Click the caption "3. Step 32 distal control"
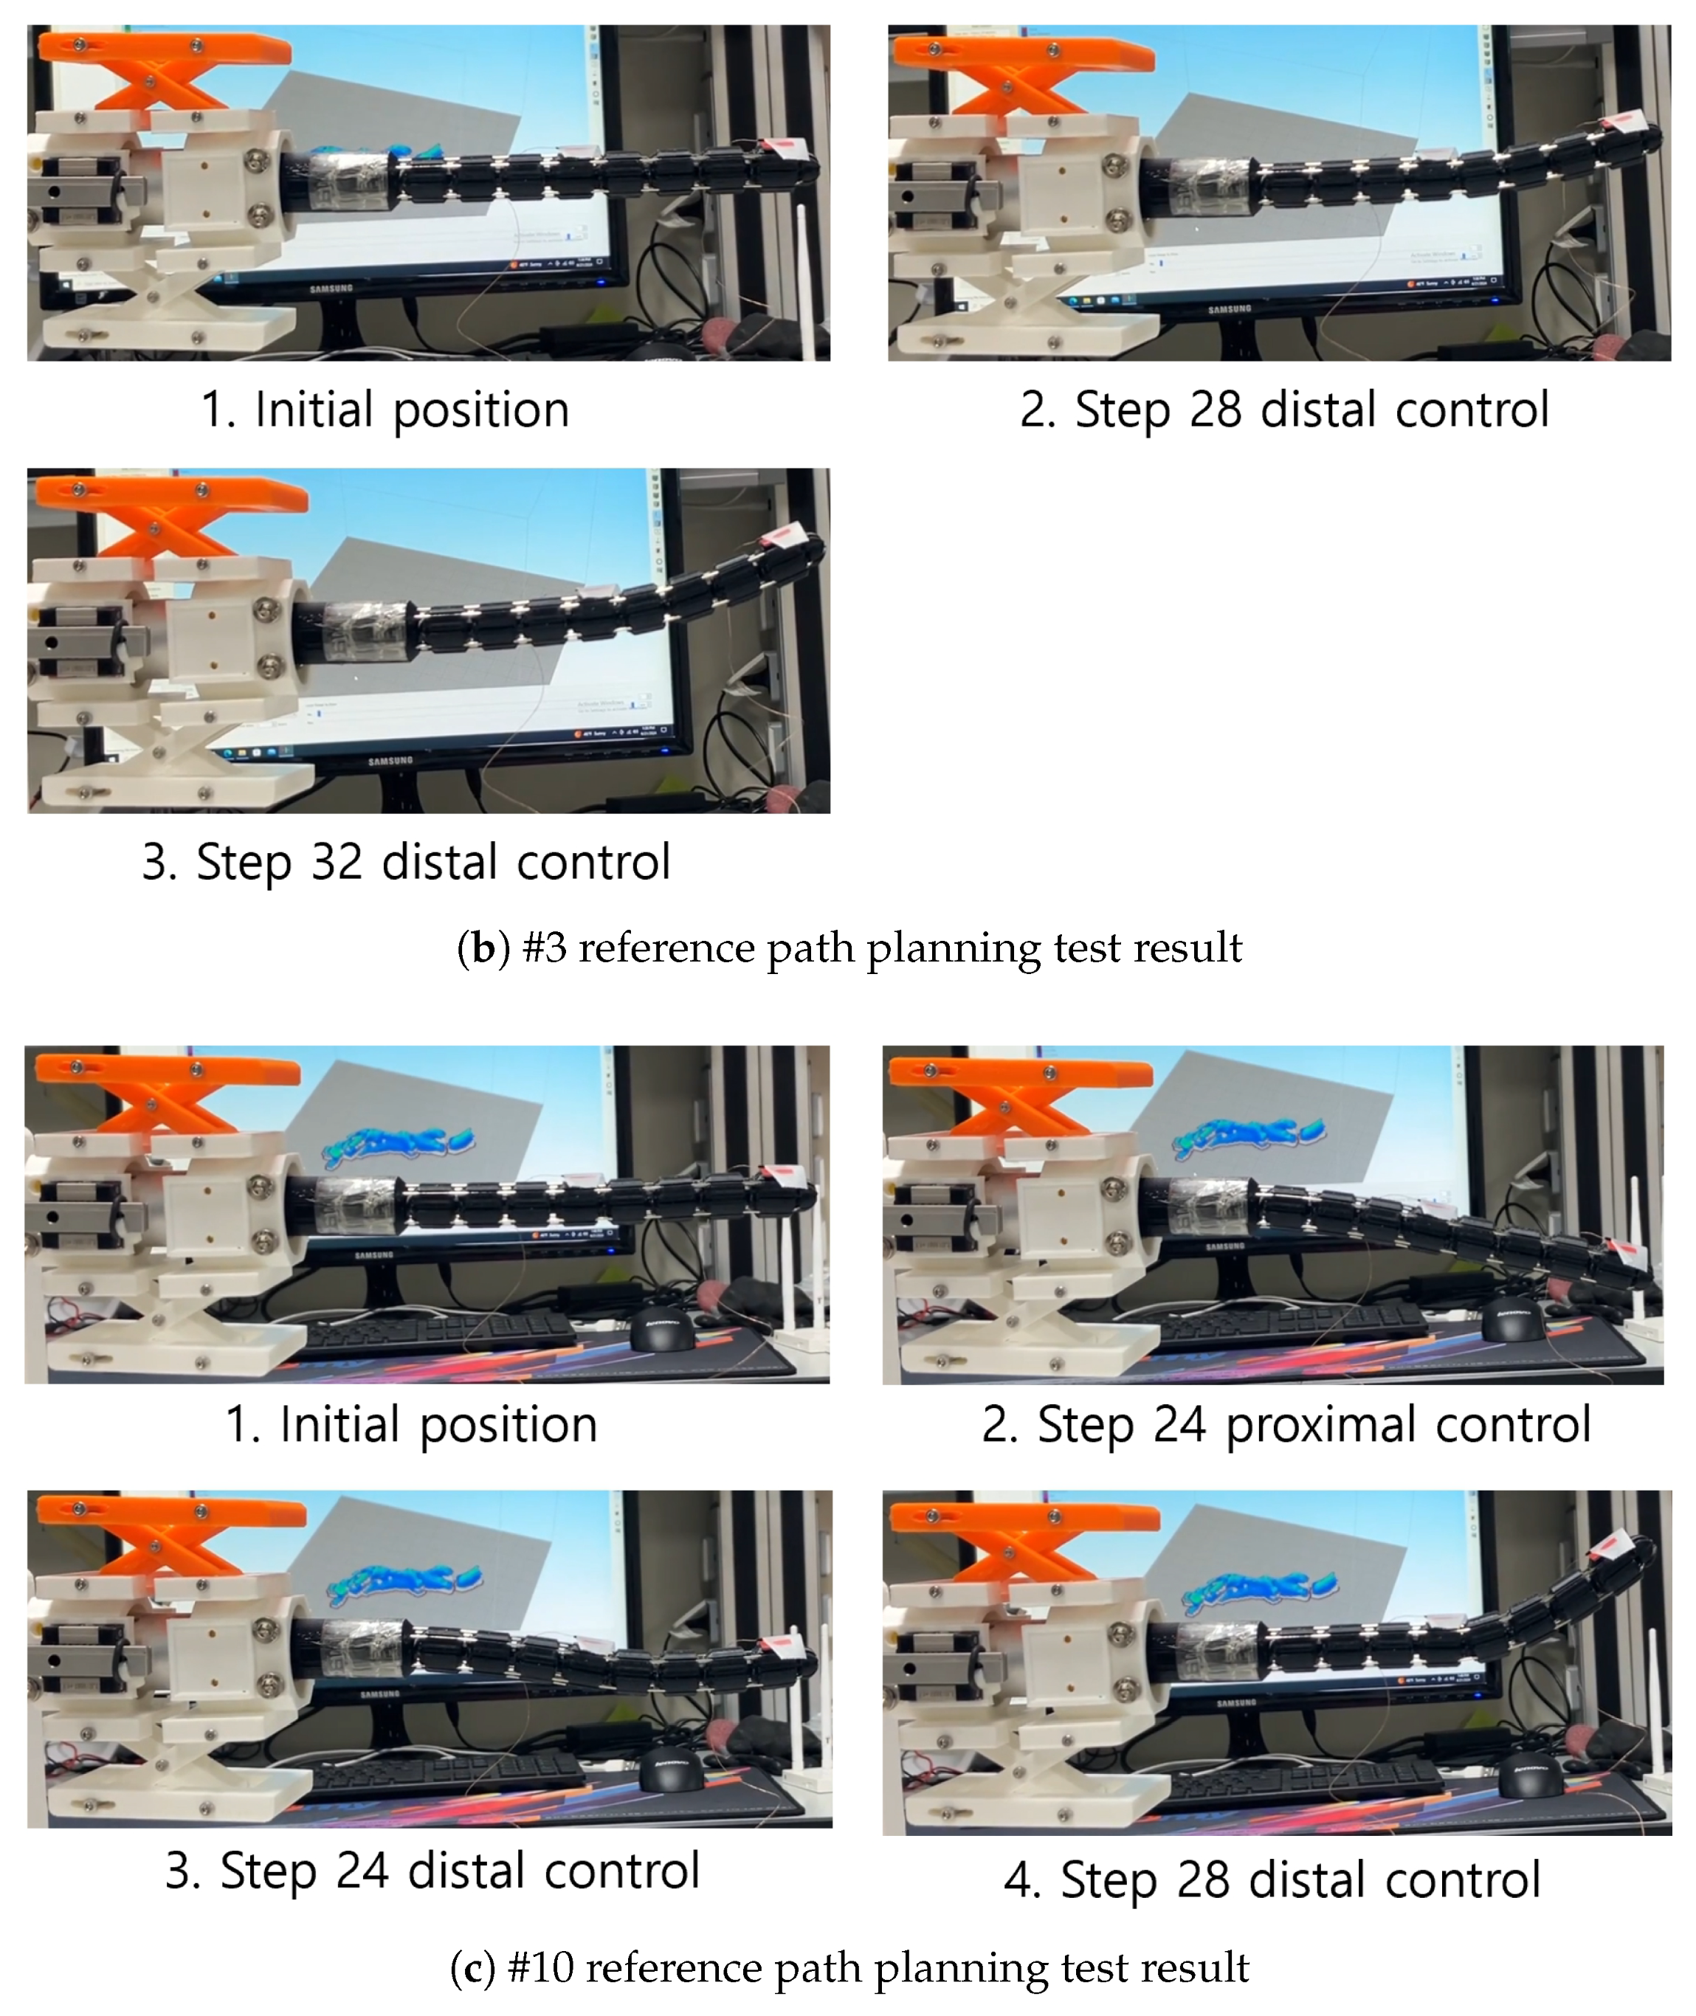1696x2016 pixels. (406, 861)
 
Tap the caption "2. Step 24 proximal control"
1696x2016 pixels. (1286, 1425)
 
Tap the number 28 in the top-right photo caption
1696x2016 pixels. (1216, 410)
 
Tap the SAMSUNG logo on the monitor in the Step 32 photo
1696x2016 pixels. (390, 761)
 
